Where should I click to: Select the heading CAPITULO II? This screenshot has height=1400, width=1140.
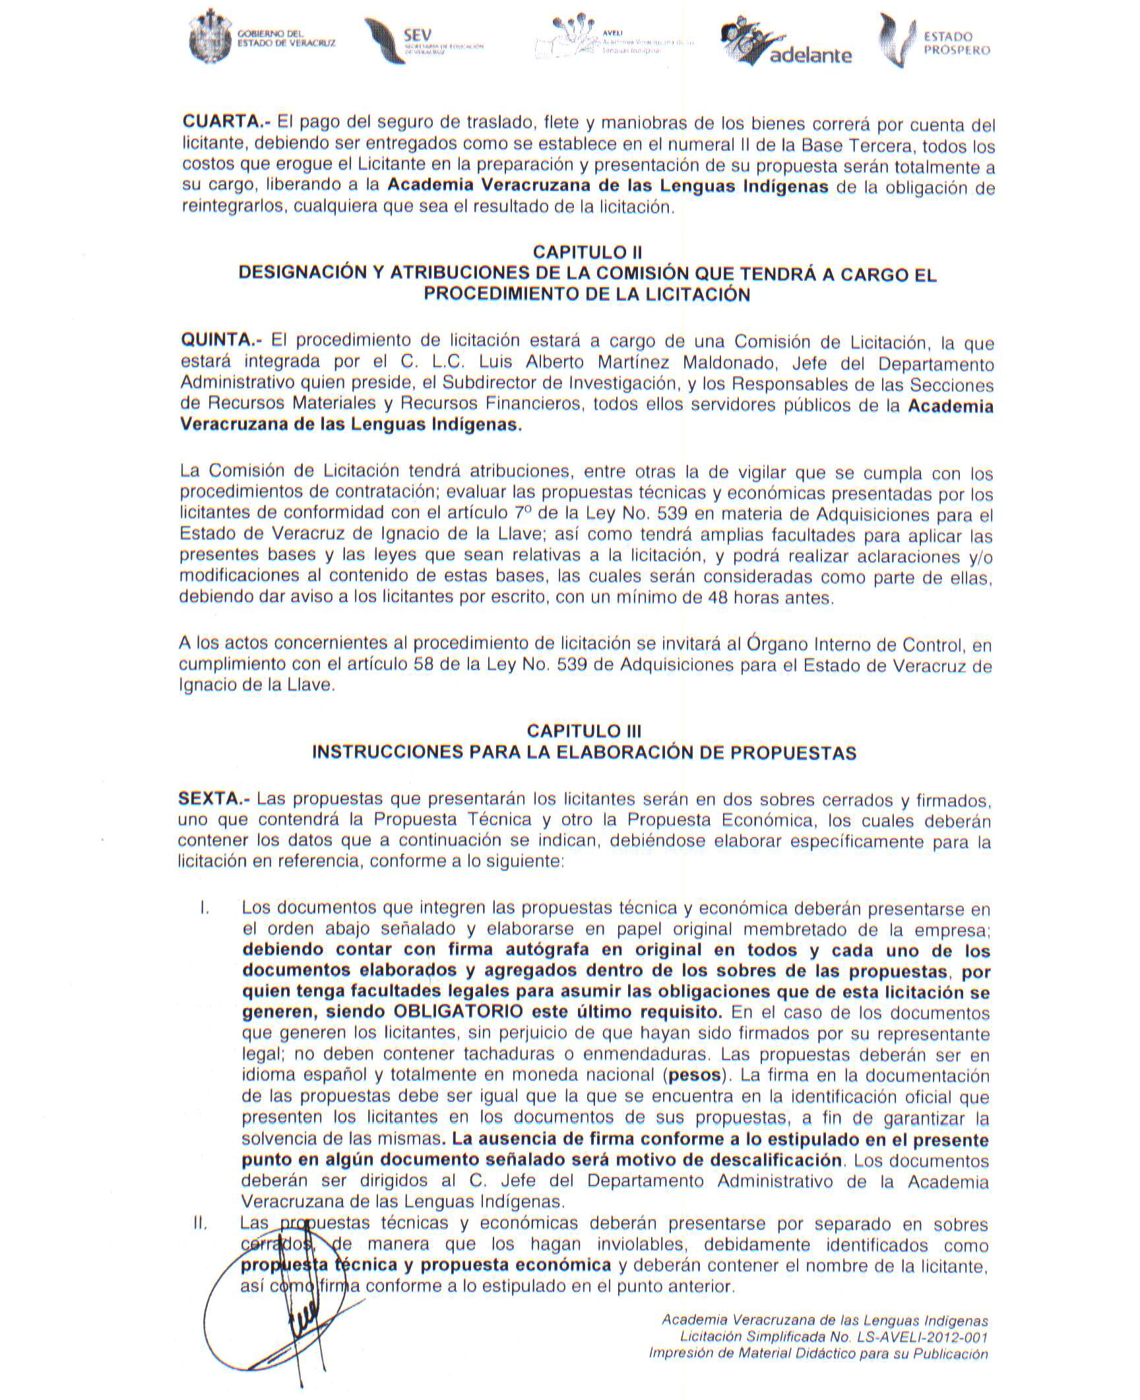pos(587,252)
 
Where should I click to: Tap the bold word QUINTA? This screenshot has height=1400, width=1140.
pos(221,341)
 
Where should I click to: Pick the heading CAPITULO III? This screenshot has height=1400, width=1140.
pos(584,731)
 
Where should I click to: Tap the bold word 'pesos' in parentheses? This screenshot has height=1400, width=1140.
pos(695,1074)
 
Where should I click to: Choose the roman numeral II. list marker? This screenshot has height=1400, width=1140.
pos(201,1223)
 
